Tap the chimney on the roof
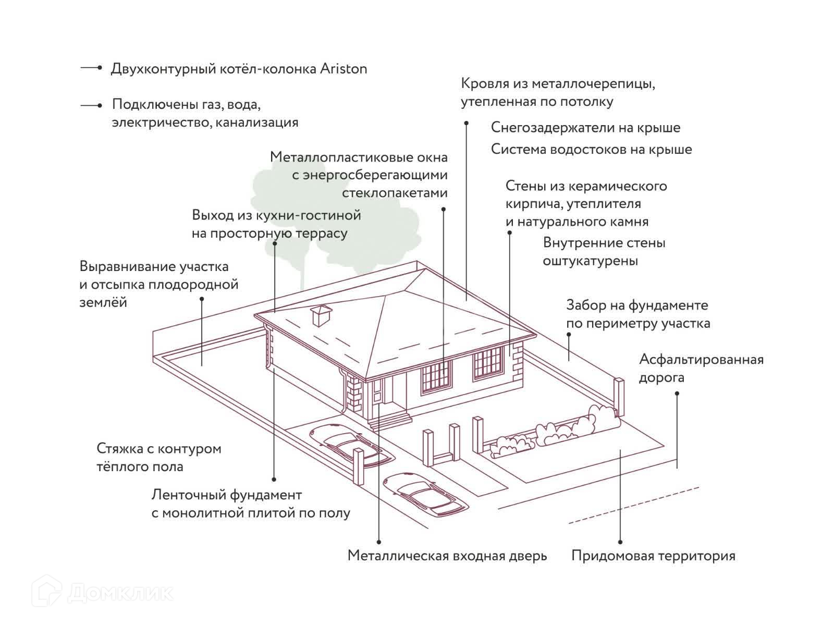point(320,315)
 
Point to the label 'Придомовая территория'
point(653,556)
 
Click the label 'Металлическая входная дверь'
point(447,556)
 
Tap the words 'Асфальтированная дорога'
point(701,368)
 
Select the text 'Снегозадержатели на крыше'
point(585,128)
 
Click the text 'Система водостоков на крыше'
point(591,150)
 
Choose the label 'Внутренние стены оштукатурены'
point(604,252)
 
